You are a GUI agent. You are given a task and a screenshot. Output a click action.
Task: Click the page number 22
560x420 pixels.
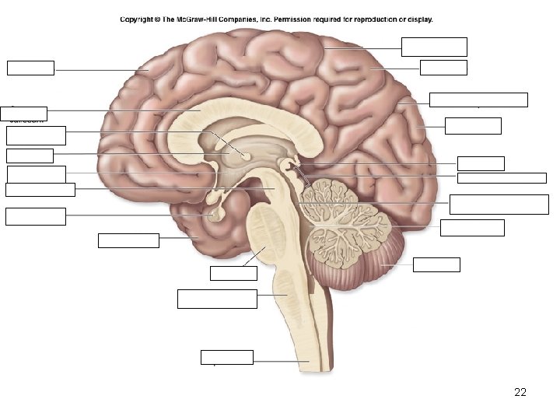click(x=520, y=392)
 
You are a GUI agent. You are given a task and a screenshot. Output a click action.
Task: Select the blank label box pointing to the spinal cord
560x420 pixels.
click(x=226, y=358)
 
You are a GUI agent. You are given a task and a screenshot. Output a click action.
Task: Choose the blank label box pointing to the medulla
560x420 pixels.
click(x=217, y=299)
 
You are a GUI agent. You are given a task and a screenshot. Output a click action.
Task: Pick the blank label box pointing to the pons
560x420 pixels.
click(x=233, y=273)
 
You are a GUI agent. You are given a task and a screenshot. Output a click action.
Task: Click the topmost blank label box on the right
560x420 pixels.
click(x=434, y=47)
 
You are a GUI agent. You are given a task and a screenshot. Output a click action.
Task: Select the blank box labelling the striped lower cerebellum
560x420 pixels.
click(x=436, y=264)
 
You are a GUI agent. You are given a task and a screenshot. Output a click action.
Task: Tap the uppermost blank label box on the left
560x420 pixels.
click(x=30, y=68)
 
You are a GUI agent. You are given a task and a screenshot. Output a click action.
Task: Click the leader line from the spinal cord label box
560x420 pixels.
click(x=276, y=362)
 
